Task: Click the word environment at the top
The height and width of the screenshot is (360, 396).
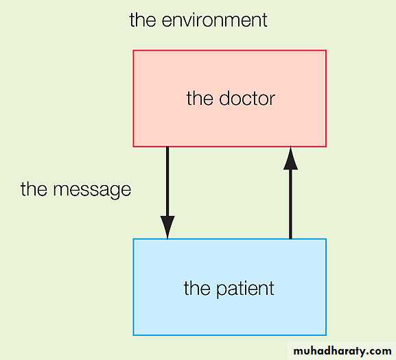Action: [214, 20]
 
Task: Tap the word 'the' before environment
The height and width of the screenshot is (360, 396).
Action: [143, 19]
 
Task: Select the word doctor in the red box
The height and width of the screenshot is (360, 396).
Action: [247, 98]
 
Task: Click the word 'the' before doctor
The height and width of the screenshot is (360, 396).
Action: [200, 98]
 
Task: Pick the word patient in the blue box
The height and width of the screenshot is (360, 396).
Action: [245, 289]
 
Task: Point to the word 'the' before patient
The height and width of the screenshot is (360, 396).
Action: [197, 288]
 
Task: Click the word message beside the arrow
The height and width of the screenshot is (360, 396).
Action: [92, 190]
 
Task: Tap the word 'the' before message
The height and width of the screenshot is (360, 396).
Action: [34, 189]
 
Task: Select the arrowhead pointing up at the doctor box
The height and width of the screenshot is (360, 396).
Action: [290, 158]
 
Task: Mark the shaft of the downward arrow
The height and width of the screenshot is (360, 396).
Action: [167, 182]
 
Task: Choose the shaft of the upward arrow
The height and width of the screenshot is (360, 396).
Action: [290, 204]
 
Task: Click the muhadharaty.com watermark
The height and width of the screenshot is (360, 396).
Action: [342, 351]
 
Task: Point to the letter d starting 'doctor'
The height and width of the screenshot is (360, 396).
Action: [225, 98]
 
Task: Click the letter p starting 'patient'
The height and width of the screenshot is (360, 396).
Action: [222, 290]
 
